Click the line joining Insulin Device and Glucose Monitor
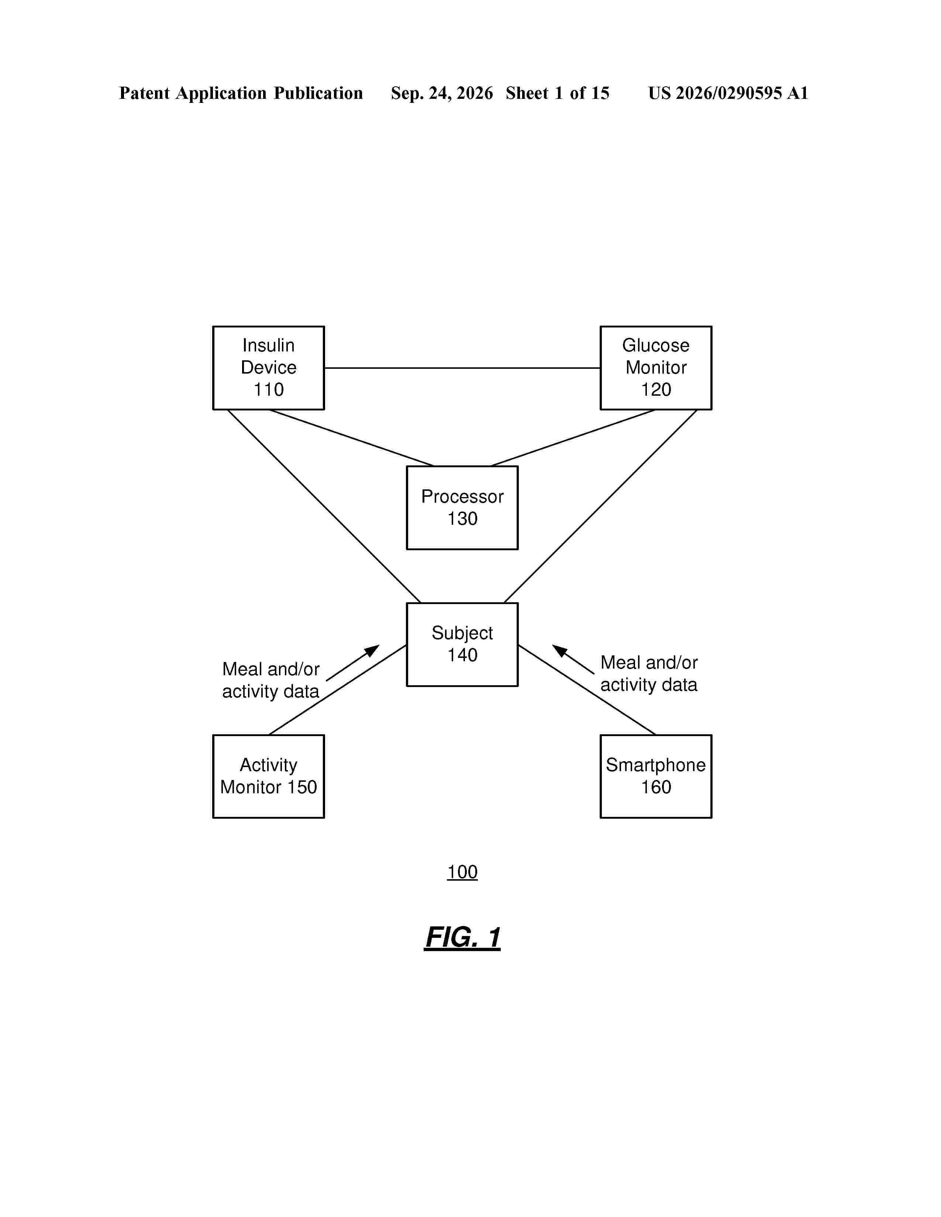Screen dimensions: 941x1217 click(462, 368)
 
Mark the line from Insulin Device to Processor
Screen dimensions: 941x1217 click(351, 437)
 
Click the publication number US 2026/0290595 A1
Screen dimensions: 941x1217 click(728, 93)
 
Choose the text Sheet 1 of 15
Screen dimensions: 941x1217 click(558, 93)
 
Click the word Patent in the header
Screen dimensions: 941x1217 click(144, 93)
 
